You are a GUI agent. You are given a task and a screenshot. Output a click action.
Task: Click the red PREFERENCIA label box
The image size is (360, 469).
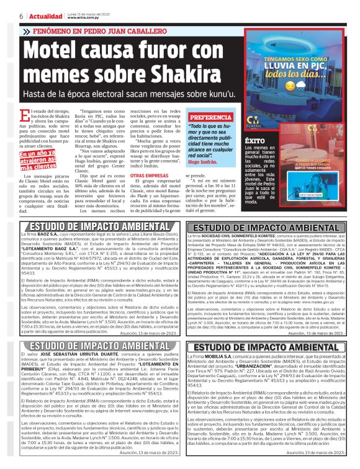pos(212,117)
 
